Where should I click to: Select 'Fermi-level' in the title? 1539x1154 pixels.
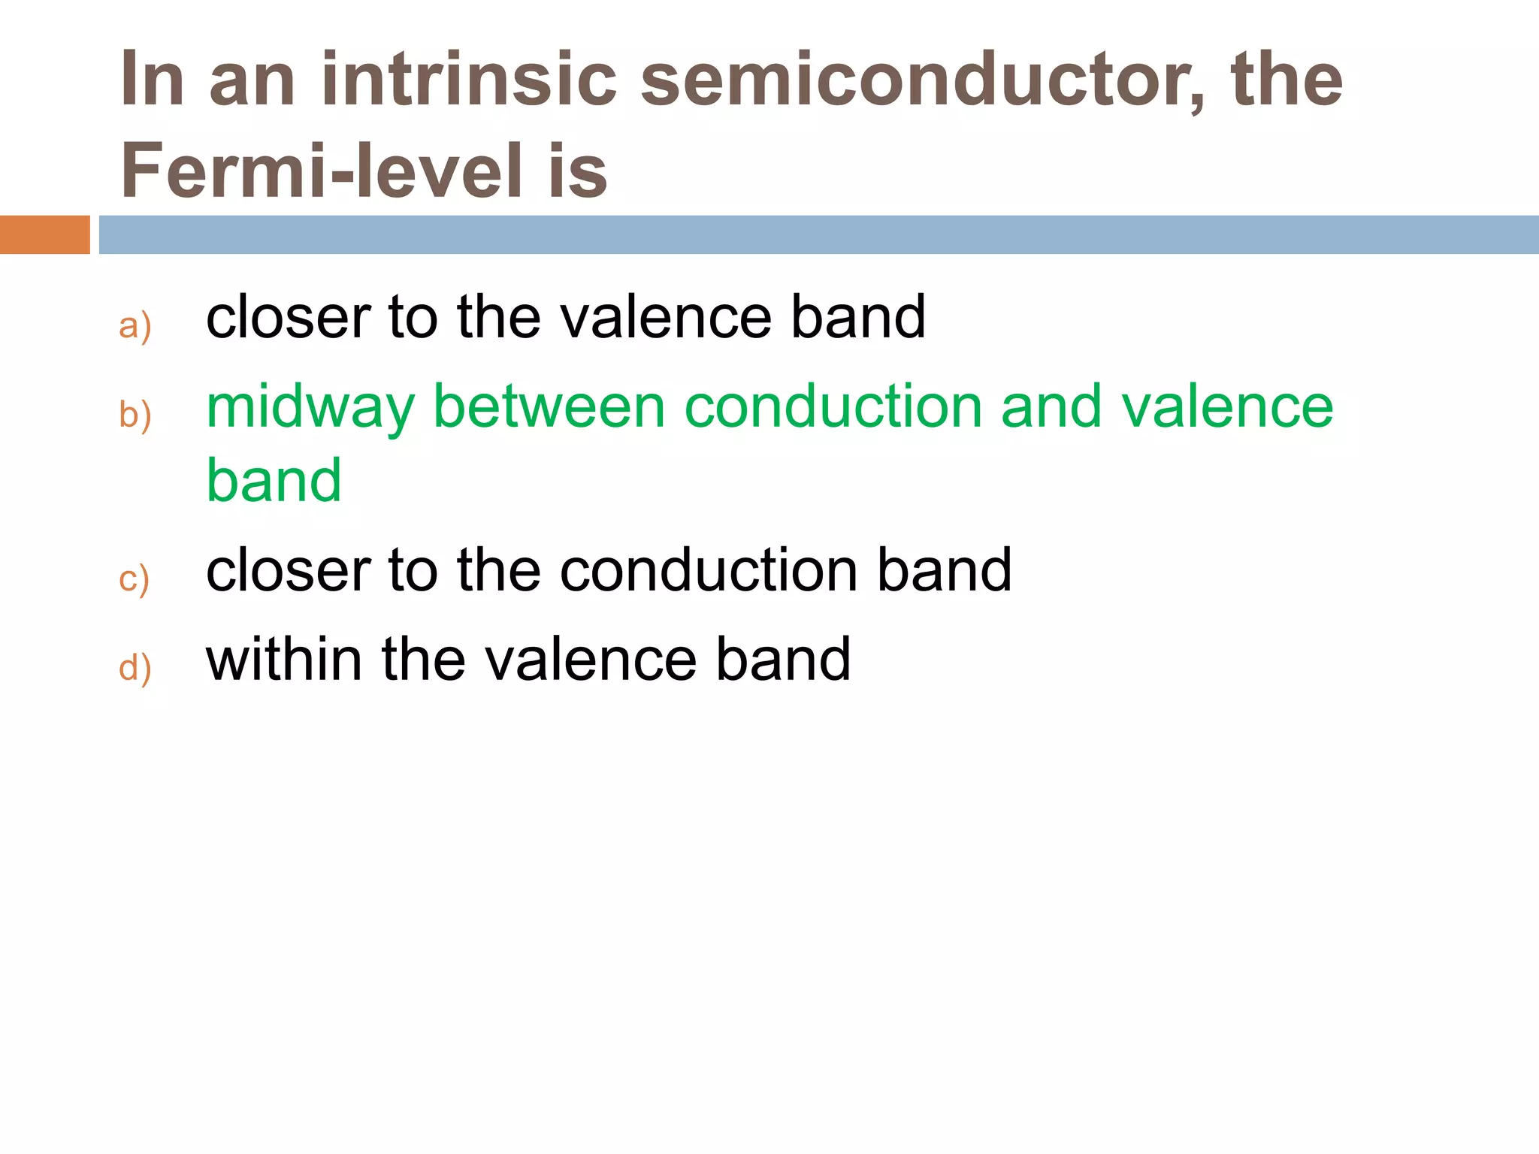[321, 171]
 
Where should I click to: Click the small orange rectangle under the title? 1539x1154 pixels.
[44, 234]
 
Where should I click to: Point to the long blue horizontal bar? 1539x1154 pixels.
[818, 234]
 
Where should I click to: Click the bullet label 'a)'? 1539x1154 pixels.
[135, 326]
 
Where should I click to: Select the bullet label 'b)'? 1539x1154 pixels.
[135, 415]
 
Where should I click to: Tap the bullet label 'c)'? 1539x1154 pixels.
[135, 579]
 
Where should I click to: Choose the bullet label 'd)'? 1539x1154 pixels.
[135, 668]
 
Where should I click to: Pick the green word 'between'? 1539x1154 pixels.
[549, 406]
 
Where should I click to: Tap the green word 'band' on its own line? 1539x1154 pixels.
[274, 481]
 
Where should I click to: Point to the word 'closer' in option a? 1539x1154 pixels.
[288, 317]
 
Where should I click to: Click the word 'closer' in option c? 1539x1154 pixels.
[288, 570]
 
